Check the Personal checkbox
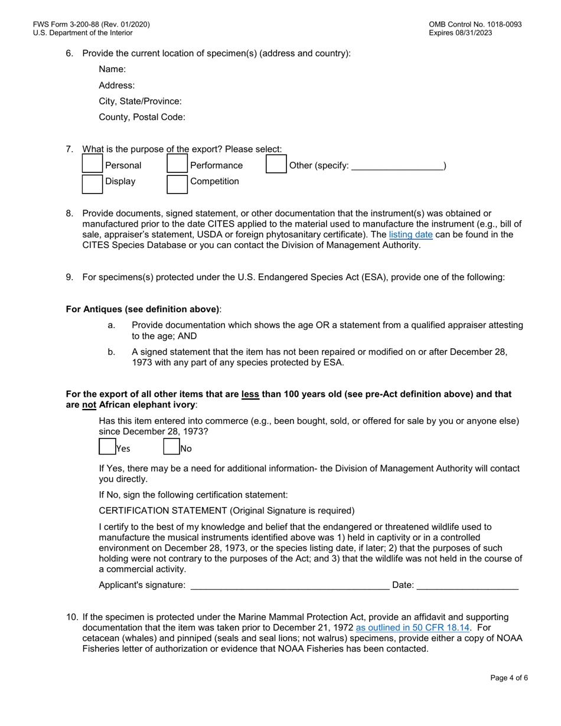(x=92, y=165)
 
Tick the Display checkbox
(x=92, y=184)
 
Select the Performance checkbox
(x=177, y=165)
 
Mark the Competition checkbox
(x=177, y=184)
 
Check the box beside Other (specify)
(x=276, y=165)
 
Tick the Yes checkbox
(x=106, y=447)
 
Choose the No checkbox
(x=171, y=447)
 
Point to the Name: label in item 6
(x=108, y=69)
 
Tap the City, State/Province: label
(x=140, y=101)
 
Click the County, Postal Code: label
(x=142, y=117)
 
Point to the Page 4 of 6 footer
(x=509, y=678)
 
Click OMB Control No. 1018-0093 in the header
(x=475, y=25)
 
